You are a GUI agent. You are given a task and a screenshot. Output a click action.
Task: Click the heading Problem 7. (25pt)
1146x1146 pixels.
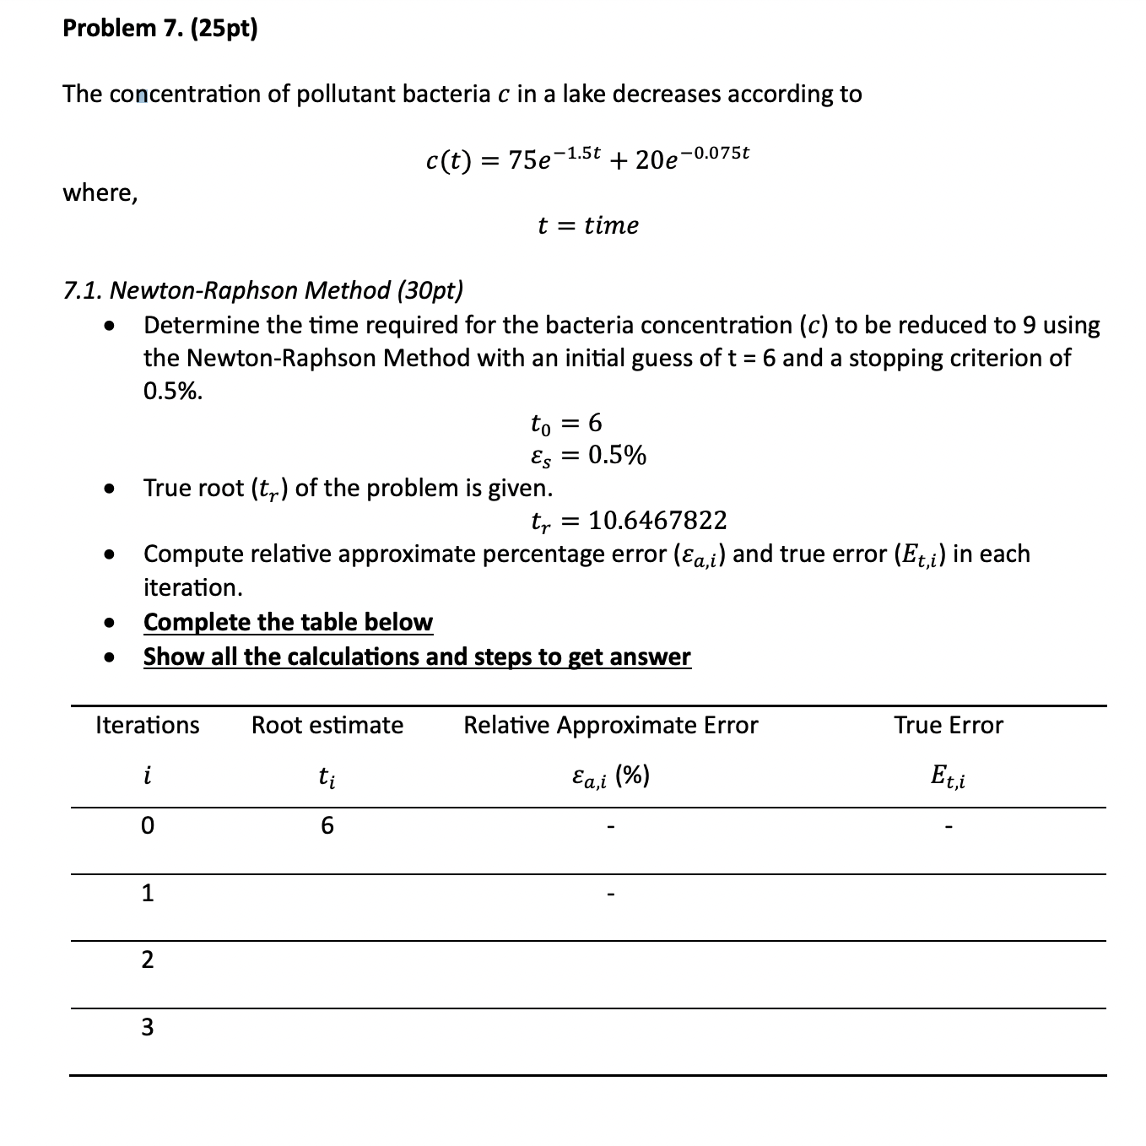coord(159,29)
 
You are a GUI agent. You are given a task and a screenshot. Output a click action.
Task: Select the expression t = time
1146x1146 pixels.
coord(588,225)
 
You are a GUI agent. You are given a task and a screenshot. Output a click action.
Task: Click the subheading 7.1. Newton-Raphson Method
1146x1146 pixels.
coord(263,290)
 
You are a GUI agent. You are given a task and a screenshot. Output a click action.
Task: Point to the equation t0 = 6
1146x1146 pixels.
coord(565,422)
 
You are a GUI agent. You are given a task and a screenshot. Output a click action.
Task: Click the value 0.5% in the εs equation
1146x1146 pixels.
coord(617,456)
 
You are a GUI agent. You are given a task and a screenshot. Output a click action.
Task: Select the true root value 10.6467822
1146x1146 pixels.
coord(657,521)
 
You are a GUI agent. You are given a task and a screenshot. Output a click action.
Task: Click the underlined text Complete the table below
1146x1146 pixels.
coord(288,622)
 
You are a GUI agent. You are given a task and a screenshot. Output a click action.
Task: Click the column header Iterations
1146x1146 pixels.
coord(148,725)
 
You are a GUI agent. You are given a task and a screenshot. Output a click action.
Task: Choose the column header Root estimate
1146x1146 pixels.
coord(327,725)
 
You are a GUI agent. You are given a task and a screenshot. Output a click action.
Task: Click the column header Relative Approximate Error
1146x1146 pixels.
coord(610,725)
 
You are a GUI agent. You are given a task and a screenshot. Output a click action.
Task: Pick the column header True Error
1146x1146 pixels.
coord(949,725)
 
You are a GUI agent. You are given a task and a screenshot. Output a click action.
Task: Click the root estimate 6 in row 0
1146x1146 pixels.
coord(327,825)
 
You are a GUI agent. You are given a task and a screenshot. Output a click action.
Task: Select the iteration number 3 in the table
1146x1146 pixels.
coord(148,1027)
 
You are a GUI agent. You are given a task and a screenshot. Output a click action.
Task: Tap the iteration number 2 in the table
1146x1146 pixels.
coord(148,960)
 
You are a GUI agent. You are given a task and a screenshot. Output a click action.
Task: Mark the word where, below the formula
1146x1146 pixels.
coord(100,193)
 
